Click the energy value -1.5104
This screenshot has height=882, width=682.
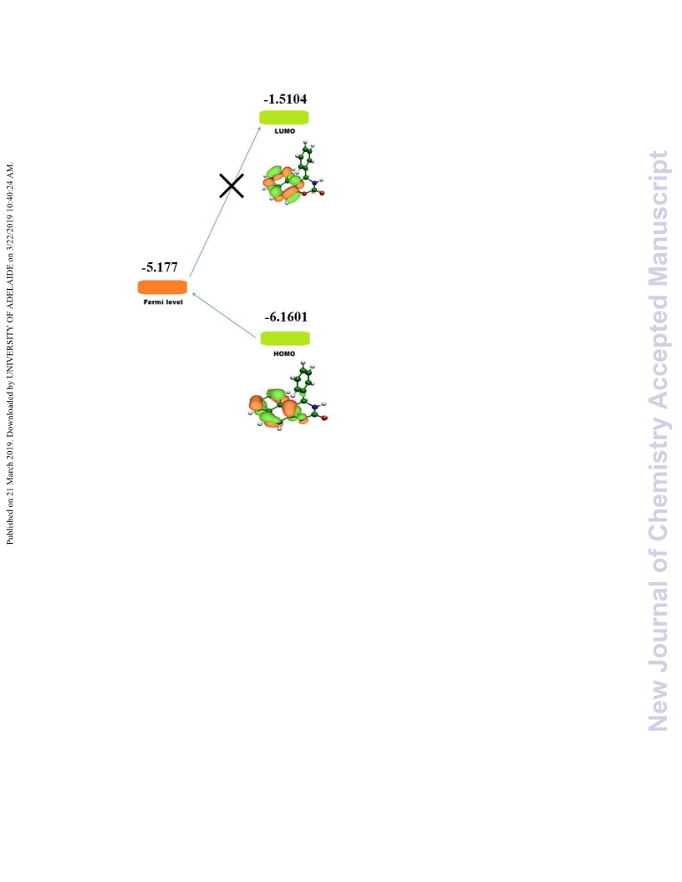coord(285,99)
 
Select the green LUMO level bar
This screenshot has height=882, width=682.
coord(283,118)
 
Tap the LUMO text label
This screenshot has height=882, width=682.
coord(285,131)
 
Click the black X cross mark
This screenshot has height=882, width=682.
coord(232,186)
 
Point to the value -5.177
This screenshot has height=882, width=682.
coord(160,266)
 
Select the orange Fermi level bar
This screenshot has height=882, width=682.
coord(163,287)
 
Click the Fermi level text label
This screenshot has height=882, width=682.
coord(163,302)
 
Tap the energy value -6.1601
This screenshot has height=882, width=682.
coord(286,317)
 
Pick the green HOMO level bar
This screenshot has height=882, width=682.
coord(285,338)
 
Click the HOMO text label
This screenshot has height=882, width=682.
coord(284,354)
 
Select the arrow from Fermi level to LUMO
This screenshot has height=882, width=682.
coord(225,201)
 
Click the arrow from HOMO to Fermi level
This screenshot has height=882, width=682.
coord(223,315)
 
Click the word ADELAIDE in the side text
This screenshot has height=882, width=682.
coord(9,288)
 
